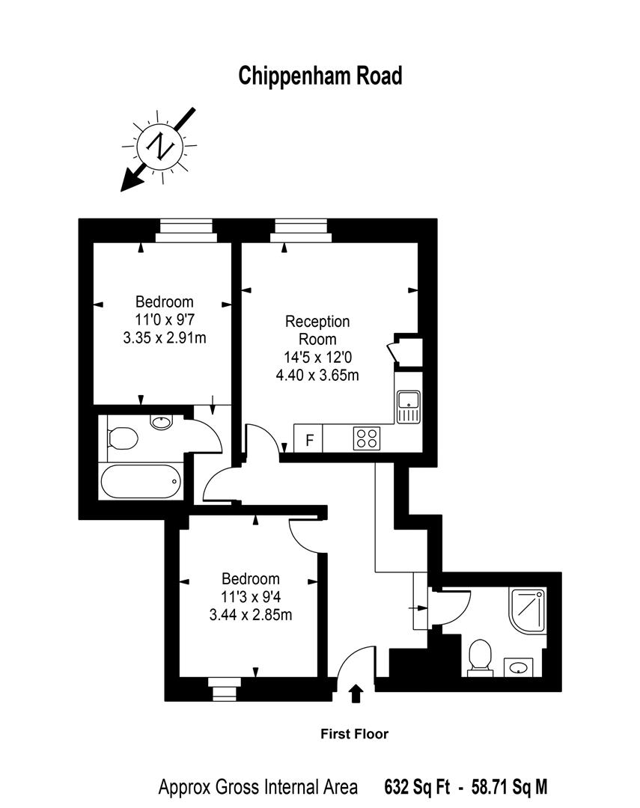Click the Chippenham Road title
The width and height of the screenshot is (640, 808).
point(320,76)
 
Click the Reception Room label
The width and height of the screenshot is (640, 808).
point(317,330)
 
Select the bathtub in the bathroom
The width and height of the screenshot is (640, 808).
point(141,482)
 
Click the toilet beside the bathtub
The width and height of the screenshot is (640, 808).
point(122,438)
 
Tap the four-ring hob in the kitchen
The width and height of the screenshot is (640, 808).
point(366,438)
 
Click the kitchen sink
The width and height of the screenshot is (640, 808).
point(409,406)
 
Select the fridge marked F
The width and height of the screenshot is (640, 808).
point(308,439)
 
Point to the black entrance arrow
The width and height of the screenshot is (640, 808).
point(356,694)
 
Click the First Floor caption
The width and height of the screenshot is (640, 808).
point(355,734)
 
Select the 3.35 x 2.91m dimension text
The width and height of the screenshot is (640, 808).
point(164,337)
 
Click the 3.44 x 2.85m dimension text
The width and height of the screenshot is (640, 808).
point(250,615)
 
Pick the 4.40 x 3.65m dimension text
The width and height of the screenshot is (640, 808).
point(317,375)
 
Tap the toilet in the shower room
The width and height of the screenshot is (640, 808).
point(478,657)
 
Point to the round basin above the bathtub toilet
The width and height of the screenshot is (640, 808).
point(161,421)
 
